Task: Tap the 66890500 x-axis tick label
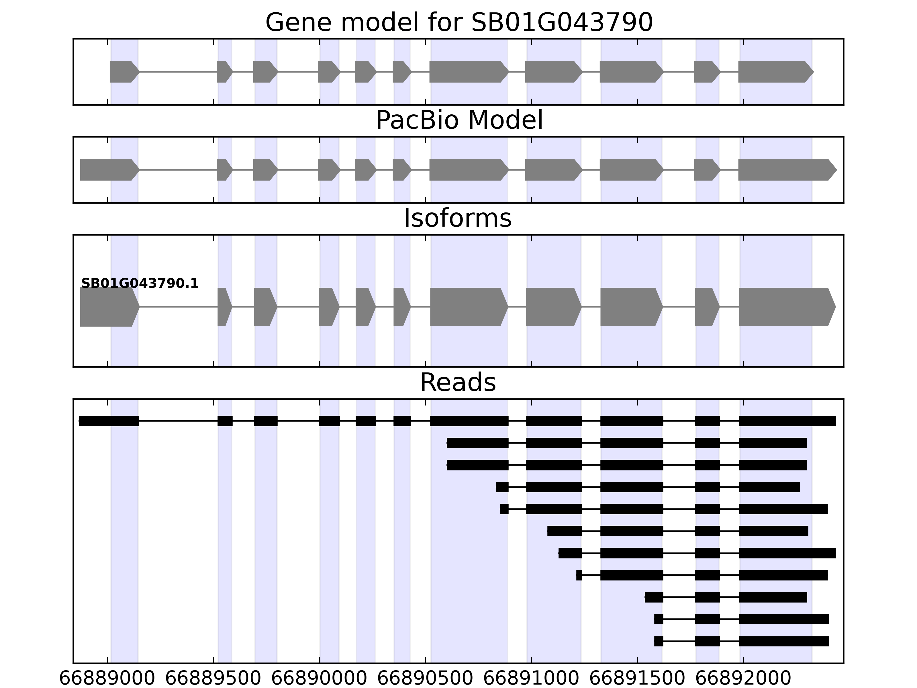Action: coord(425,679)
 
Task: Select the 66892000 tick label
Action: coord(743,679)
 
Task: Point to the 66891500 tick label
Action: coord(637,679)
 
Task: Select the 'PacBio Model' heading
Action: coord(459,120)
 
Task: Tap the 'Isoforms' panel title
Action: coord(458,218)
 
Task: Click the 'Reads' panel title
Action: coord(458,382)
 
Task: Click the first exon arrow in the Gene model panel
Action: coord(124,72)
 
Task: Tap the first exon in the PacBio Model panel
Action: coord(109,170)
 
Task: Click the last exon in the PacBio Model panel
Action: coord(786,170)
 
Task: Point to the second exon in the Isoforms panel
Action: coord(224,307)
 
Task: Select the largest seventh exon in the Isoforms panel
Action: coord(468,307)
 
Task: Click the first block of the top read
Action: coord(109,421)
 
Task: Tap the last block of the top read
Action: coord(787,421)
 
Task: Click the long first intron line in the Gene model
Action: coord(178,72)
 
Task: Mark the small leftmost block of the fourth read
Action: coord(502,487)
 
